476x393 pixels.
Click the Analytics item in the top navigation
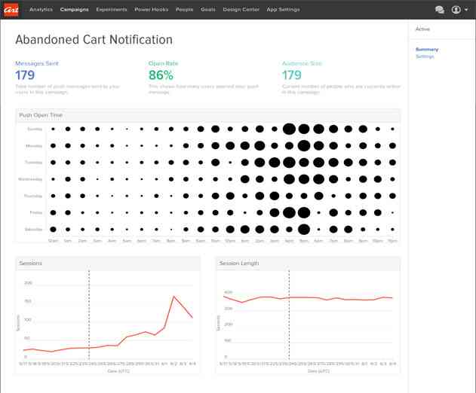40,10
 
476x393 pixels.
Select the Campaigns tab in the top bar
74,10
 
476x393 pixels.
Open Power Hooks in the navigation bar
151,10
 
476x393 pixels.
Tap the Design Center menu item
239,10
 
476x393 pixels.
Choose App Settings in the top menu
284,10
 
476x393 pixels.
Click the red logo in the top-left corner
11,10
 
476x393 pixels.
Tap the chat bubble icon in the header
439,10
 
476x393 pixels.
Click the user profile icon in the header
456,10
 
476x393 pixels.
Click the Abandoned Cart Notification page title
94,40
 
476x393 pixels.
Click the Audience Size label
302,63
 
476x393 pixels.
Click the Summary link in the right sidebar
426,50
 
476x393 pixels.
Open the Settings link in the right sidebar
425,56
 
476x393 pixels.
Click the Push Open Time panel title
41,115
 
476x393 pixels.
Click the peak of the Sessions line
174,296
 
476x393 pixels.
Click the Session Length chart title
241,264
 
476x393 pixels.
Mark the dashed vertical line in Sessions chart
89,316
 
